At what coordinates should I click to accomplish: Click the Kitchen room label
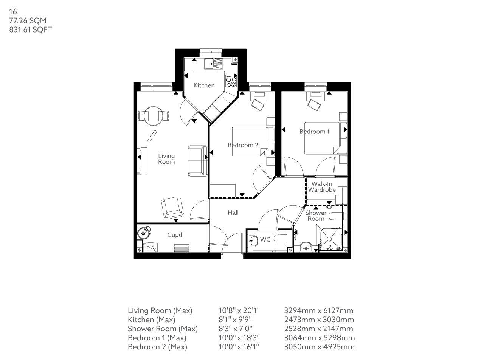tap(204, 85)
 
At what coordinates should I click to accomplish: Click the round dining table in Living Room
tap(153, 116)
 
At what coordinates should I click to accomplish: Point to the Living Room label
tap(166, 159)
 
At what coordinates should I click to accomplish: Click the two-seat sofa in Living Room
tap(197, 160)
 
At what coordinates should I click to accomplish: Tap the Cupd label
tap(175, 235)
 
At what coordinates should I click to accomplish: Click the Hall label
tap(233, 213)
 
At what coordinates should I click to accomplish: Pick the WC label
tap(265, 240)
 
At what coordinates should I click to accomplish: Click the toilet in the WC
tap(253, 240)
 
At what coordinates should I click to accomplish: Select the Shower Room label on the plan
tap(316, 216)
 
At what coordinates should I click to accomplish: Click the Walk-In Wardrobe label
tap(322, 187)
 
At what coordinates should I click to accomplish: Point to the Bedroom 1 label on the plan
tap(314, 132)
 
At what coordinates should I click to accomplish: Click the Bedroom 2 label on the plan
tap(243, 145)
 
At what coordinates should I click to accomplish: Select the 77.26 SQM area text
tap(28, 21)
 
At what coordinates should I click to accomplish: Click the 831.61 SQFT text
tap(30, 30)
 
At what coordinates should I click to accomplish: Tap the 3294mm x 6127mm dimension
tap(318, 311)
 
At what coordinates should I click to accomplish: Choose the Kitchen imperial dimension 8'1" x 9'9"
tap(235, 320)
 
